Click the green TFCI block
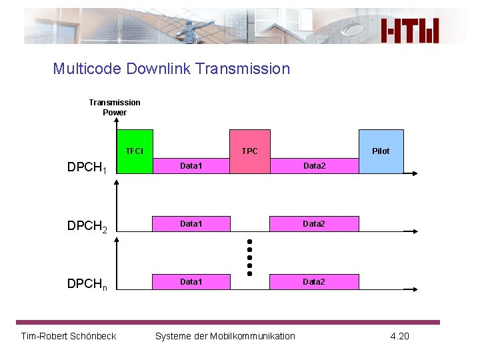[x=135, y=151]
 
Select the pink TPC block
[x=250, y=151]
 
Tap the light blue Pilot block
[x=381, y=151]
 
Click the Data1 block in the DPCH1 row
[x=191, y=166]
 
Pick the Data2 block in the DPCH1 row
[x=315, y=166]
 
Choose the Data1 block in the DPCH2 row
[x=191, y=224]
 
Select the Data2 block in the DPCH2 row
[x=314, y=224]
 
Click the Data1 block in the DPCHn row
[x=191, y=282]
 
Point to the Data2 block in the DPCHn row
[x=314, y=282]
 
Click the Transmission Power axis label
[x=115, y=107]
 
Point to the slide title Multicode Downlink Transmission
[x=171, y=69]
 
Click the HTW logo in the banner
[x=411, y=31]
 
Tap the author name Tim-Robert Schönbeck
[x=69, y=336]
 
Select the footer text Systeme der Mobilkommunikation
[x=225, y=336]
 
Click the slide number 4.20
[x=399, y=336]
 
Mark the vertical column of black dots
[x=249, y=257]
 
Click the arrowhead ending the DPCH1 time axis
[x=415, y=174]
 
